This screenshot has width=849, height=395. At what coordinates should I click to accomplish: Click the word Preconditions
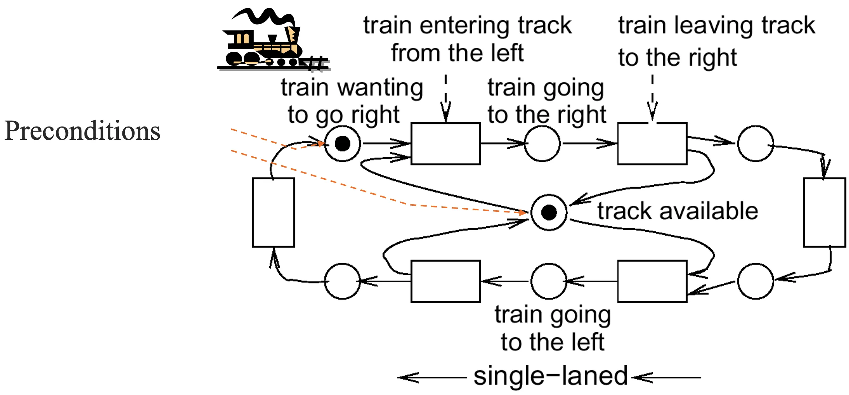tap(82, 131)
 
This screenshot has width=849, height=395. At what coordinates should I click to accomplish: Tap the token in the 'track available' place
tap(549, 212)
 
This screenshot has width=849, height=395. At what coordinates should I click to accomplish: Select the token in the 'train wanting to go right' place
tap(342, 144)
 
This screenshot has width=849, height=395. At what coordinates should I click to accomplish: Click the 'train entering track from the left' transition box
tap(446, 144)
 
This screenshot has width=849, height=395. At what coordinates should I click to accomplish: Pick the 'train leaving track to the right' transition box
tap(652, 144)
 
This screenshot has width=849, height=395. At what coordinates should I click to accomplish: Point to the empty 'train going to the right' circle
tap(542, 144)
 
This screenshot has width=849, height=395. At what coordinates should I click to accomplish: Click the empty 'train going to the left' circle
tap(549, 281)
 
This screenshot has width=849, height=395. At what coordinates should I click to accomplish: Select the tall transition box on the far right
tap(824, 212)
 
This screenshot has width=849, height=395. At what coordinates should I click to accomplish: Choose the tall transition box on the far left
tap(273, 212)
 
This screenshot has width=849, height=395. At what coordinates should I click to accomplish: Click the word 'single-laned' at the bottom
tap(550, 376)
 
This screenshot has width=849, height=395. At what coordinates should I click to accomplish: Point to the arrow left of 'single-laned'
tap(432, 377)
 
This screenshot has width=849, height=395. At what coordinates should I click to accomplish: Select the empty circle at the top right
tap(756, 144)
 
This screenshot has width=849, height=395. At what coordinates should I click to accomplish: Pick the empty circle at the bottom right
tap(756, 281)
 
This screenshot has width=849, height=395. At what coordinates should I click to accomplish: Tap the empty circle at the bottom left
tap(342, 281)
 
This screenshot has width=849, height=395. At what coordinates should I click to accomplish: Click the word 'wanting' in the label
tap(380, 88)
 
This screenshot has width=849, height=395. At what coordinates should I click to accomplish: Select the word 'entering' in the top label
tap(466, 26)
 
